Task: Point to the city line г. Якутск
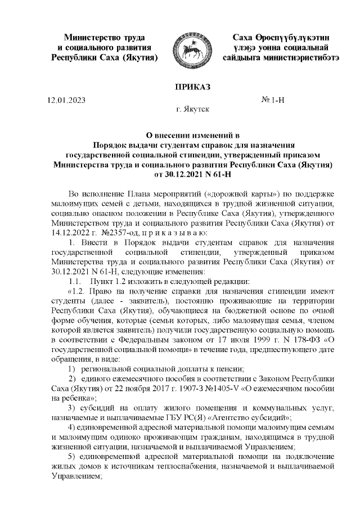point(192,110)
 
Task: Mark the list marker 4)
point(72,430)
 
